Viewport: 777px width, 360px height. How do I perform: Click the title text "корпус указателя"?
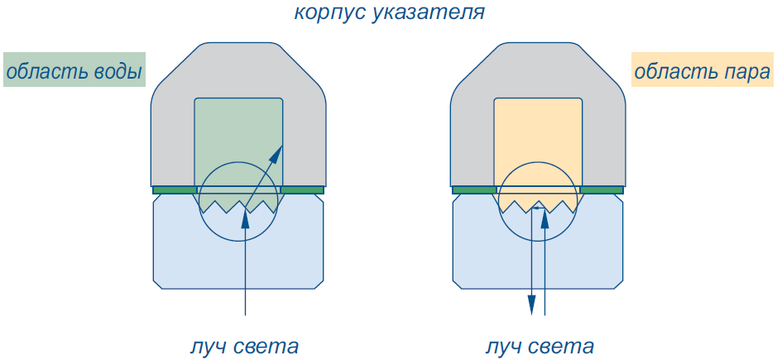click(x=389, y=12)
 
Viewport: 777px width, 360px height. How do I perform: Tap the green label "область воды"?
click(x=74, y=70)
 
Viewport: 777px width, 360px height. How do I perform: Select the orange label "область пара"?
click(x=703, y=70)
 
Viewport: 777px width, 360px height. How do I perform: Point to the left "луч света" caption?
click(x=244, y=346)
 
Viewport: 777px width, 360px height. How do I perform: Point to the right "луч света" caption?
click(x=540, y=346)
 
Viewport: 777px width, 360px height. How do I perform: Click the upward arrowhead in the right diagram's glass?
click(x=544, y=218)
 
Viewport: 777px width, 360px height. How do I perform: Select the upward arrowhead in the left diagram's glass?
click(x=245, y=218)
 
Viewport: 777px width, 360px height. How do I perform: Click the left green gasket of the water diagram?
click(x=175, y=190)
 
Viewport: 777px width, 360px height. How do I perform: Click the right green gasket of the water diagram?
click(x=302, y=190)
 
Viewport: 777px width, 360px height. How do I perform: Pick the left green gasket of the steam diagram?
click(x=474, y=190)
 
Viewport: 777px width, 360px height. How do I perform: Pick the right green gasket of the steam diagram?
click(x=602, y=190)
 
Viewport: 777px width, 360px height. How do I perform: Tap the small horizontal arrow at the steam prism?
click(x=538, y=209)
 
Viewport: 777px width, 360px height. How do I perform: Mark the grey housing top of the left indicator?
click(x=238, y=70)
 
